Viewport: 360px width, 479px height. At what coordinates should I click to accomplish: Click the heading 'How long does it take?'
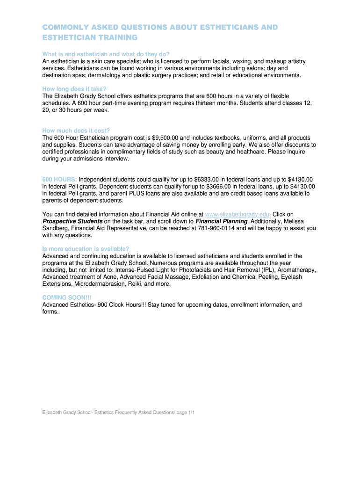tap(74, 89)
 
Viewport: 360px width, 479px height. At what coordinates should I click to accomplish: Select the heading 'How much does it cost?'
tap(76, 131)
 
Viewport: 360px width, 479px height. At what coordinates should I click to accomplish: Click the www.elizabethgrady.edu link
tap(237, 214)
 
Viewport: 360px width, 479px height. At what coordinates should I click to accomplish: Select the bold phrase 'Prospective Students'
tap(72, 221)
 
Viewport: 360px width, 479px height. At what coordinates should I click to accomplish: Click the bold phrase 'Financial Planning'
tap(221, 221)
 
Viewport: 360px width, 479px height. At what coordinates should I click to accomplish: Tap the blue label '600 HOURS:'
tap(60, 179)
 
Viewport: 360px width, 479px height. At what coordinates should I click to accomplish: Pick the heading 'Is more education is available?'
tap(86, 249)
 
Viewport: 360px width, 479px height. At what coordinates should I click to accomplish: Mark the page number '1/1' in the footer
tap(190, 412)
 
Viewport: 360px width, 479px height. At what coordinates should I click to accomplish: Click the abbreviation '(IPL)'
tap(267, 270)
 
